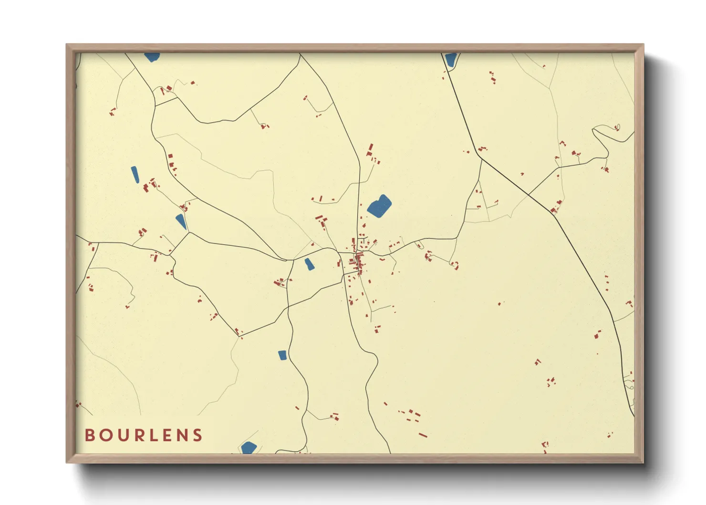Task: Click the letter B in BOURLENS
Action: click(x=89, y=435)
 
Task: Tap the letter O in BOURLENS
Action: click(x=105, y=435)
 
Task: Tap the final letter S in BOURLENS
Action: click(x=197, y=435)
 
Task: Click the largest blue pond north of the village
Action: click(x=379, y=206)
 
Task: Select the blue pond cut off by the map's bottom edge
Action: click(x=249, y=448)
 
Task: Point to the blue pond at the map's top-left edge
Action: click(x=152, y=57)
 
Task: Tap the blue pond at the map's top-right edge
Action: click(x=450, y=59)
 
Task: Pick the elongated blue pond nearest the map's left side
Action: click(x=135, y=175)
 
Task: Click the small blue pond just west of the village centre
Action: click(x=309, y=264)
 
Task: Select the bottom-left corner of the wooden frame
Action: click(x=67, y=462)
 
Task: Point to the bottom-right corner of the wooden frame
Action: click(x=643, y=462)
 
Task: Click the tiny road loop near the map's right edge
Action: click(x=617, y=127)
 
